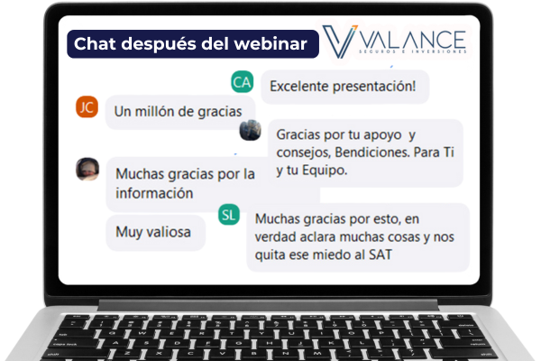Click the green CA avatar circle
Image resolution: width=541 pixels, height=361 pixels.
(243, 82)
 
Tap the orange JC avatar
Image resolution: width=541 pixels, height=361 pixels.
(87, 106)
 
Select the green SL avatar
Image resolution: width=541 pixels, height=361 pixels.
(229, 215)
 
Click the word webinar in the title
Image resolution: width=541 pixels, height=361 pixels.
(270, 44)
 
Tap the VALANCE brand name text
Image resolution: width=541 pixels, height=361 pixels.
(413, 40)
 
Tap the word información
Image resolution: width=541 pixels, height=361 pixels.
(154, 193)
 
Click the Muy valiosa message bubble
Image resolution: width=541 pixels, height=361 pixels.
(156, 233)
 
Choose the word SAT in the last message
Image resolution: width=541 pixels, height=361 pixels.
(381, 255)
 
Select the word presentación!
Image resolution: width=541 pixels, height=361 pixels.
(374, 87)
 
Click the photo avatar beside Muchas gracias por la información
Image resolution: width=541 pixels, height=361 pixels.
(87, 170)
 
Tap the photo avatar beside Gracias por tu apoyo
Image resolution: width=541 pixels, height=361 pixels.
(250, 130)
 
